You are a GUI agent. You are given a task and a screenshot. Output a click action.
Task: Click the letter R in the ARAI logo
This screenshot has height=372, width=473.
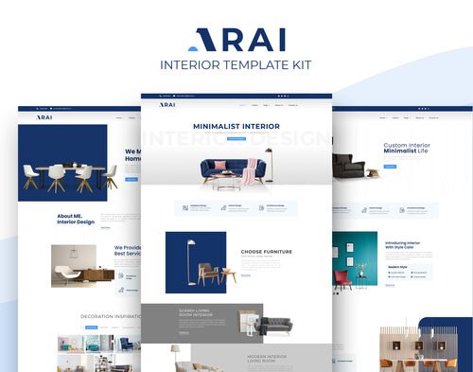(224, 39)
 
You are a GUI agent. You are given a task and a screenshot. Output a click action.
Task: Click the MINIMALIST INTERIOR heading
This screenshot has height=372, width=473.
(236, 125)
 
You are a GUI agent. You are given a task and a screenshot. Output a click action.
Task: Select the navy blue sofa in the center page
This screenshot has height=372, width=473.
(227, 170)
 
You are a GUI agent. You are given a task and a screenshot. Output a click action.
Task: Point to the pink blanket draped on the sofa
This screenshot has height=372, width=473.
(249, 174)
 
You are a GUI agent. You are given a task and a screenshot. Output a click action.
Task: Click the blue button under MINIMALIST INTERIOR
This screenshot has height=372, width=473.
(236, 138)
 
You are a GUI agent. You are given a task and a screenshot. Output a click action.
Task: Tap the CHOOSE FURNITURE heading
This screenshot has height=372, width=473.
(265, 252)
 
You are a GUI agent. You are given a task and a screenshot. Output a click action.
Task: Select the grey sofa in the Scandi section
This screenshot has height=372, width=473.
(273, 326)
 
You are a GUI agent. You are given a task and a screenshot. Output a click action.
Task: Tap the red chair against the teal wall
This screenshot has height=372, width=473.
(342, 278)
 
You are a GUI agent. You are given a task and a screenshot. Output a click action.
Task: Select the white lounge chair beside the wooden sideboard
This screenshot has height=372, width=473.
(66, 273)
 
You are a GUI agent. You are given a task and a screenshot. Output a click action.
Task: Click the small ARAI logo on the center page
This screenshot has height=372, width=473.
(167, 105)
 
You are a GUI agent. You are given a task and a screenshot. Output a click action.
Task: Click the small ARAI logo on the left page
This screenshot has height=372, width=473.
(44, 117)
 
